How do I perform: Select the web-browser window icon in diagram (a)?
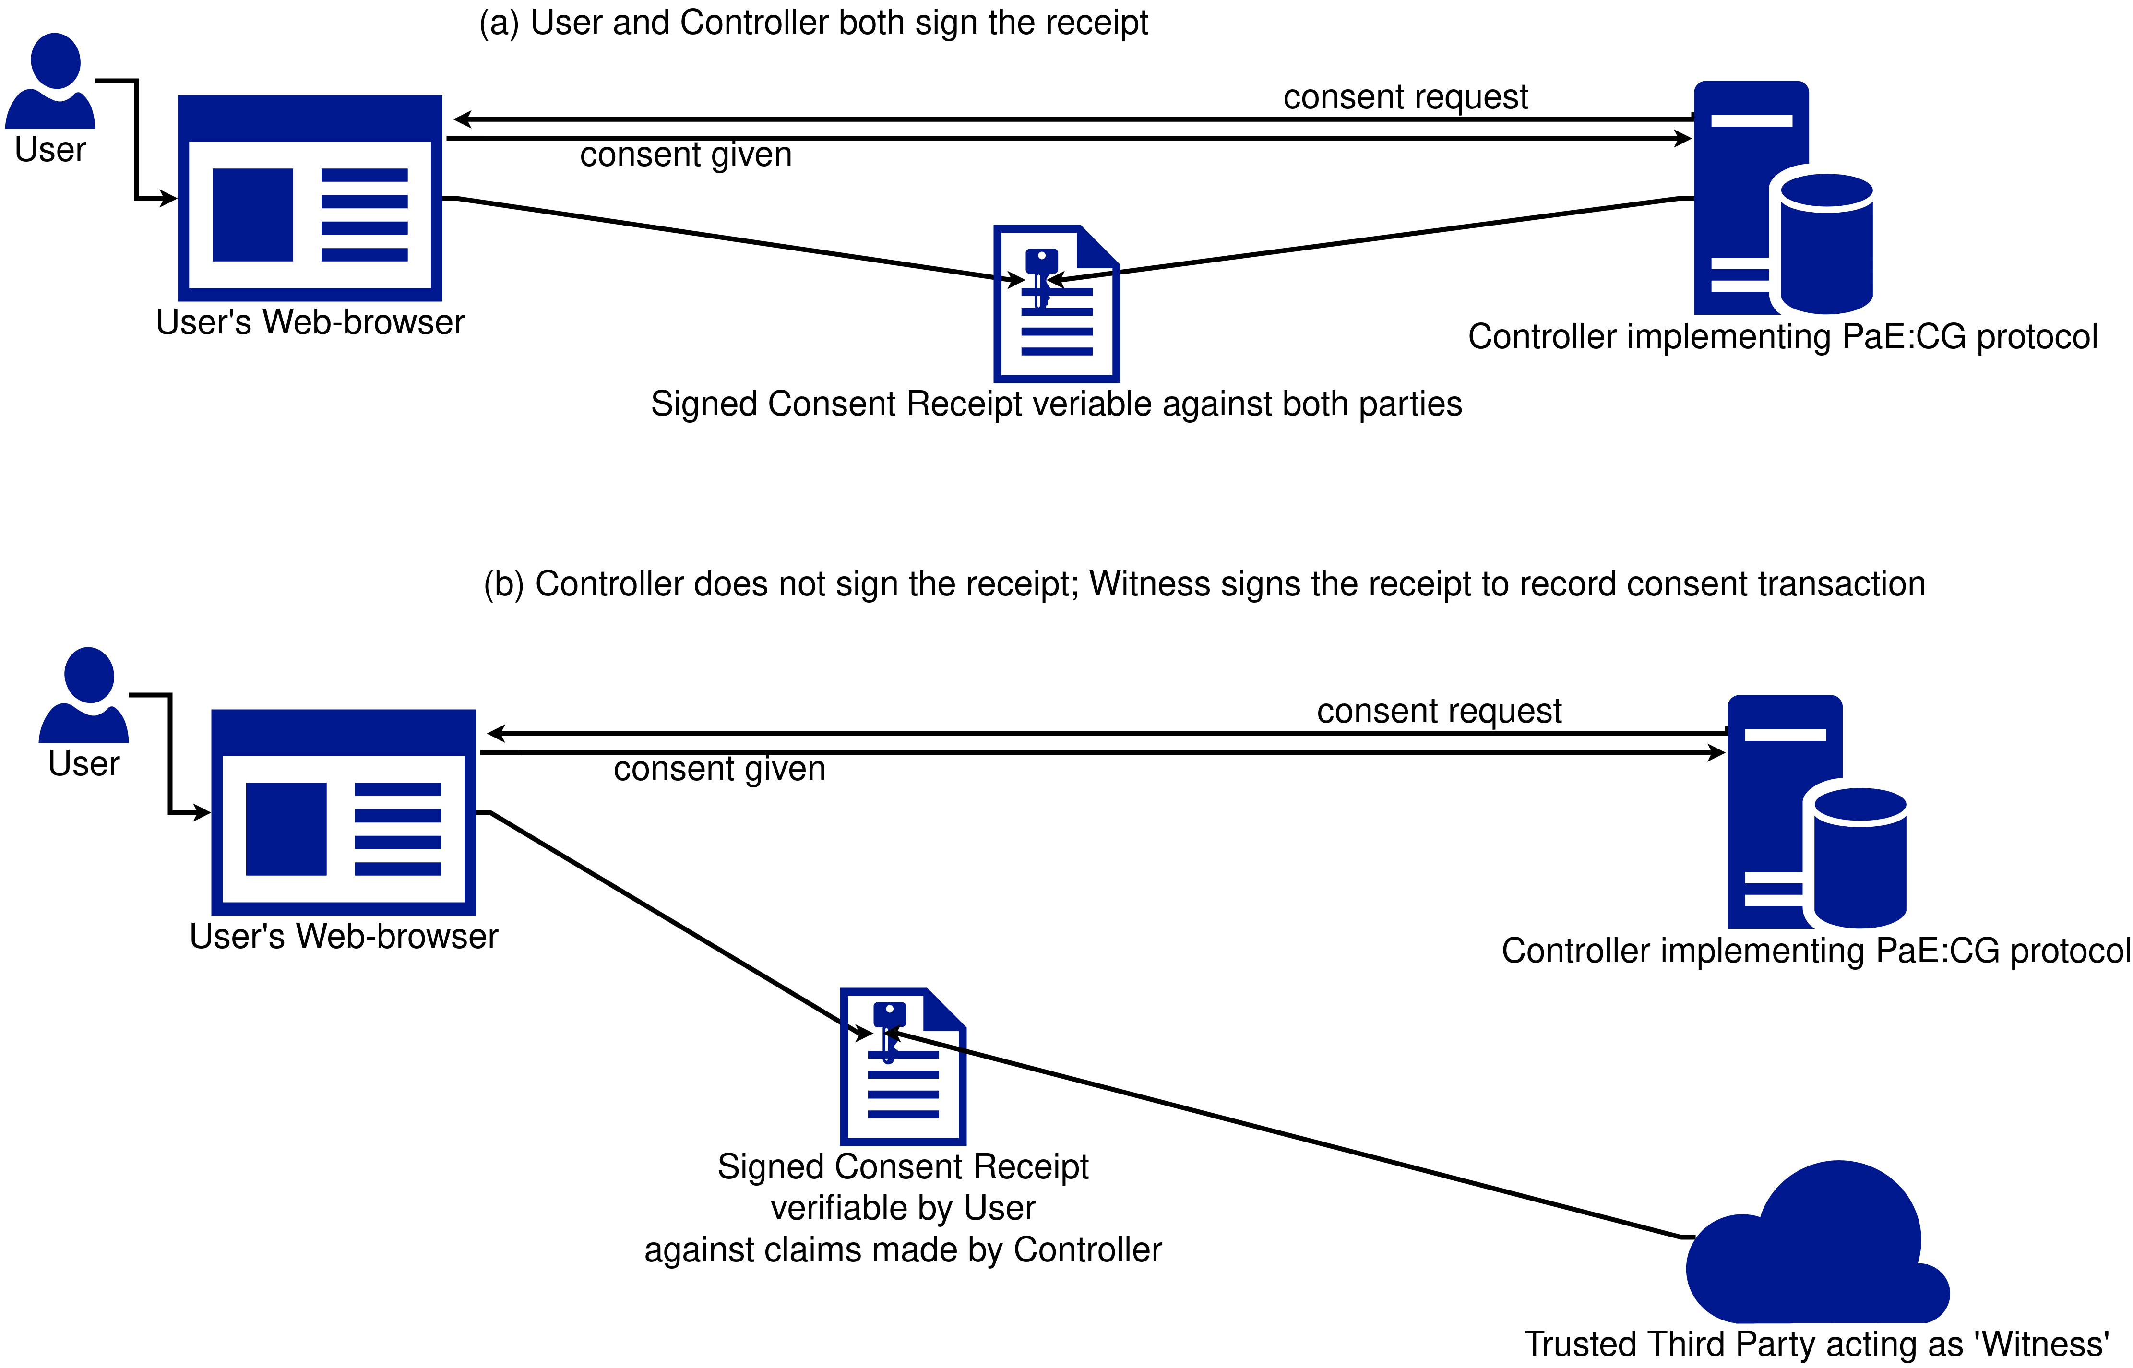310,198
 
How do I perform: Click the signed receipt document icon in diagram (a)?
1056,304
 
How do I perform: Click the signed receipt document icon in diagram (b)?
903,1066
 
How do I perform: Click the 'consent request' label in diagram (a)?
1406,97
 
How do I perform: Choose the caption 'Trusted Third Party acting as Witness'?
1817,1344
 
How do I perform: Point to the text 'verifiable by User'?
903,1208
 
